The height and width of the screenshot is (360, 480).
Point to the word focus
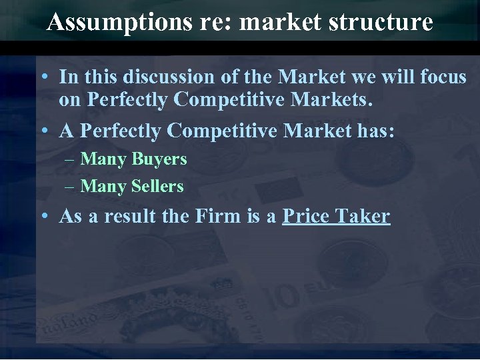(444, 77)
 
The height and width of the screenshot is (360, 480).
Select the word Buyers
(159, 159)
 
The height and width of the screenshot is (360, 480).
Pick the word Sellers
(157, 187)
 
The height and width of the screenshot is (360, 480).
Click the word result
(123, 217)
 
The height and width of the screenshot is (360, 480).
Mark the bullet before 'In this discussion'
(43, 78)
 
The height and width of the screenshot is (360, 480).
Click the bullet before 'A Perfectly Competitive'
(43, 131)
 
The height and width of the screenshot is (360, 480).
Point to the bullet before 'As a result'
(43, 217)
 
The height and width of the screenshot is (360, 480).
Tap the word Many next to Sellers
(103, 187)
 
